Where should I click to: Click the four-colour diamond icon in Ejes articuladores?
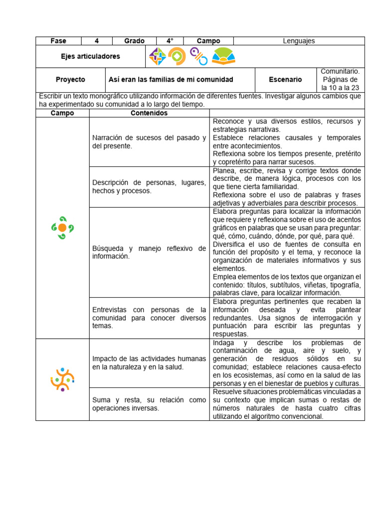coord(158,57)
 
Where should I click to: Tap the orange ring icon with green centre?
coord(177,57)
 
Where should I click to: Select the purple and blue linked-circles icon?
coord(198,56)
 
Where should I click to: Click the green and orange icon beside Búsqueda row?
coord(62,228)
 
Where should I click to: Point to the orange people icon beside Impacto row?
coord(62,379)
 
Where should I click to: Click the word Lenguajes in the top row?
coord(299,41)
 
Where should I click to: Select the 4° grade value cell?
coord(170,41)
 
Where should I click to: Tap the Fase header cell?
coord(58,41)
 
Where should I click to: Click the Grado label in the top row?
coord(134,41)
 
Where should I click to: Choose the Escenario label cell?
coord(285,80)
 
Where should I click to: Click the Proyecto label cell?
coord(70,80)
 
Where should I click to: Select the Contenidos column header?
coord(149,113)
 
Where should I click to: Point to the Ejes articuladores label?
coord(90,57)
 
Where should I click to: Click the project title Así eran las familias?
coord(171,80)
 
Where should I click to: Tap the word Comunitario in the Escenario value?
coord(340,72)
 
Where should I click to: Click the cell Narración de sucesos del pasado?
coord(149,142)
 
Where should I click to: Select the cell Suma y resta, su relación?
coord(149,404)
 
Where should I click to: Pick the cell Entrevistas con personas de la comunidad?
coord(149,318)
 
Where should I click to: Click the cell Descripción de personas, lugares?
coord(149,187)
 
